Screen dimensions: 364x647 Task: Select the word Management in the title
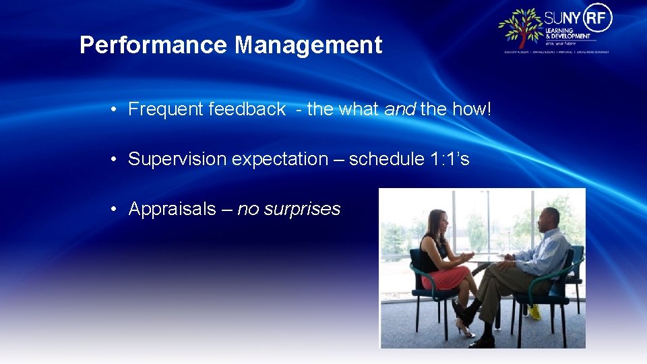pos(308,46)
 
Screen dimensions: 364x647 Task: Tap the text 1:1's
pos(450,159)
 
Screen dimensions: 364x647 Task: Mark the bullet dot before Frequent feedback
pos(116,109)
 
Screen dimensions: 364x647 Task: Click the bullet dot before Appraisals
pos(116,209)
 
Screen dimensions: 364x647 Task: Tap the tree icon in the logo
pos(520,28)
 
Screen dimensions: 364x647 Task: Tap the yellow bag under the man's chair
pos(534,311)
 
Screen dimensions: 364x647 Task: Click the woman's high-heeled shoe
pos(464,330)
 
